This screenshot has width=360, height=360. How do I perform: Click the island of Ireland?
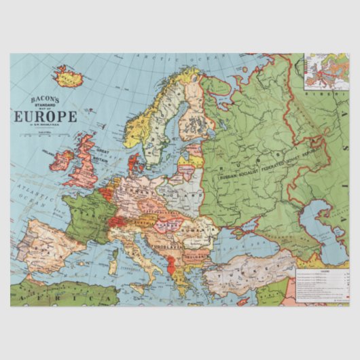[62, 160]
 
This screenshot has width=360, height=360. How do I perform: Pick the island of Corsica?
[114, 242]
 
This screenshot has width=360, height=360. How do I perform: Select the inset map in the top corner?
[327, 71]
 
